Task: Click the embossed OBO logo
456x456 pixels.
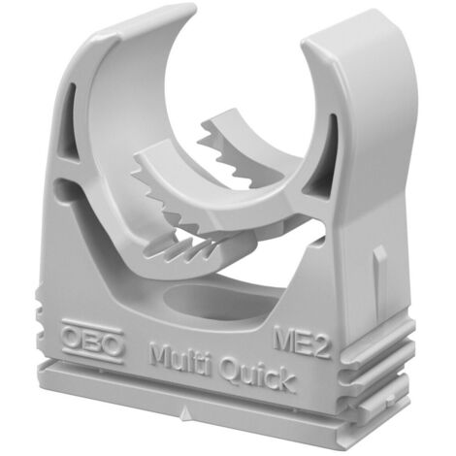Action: point(93,342)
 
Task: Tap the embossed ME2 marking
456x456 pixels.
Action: point(303,342)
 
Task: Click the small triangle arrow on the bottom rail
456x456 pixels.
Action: point(185,413)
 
